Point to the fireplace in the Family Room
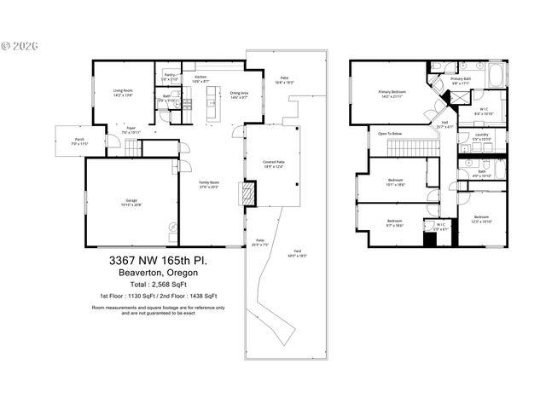click(x=247, y=195)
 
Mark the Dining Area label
click(x=239, y=94)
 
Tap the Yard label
click(x=297, y=253)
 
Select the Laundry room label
click(x=480, y=135)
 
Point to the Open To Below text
click(x=391, y=134)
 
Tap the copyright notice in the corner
click(x=16, y=43)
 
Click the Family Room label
click(x=209, y=184)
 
